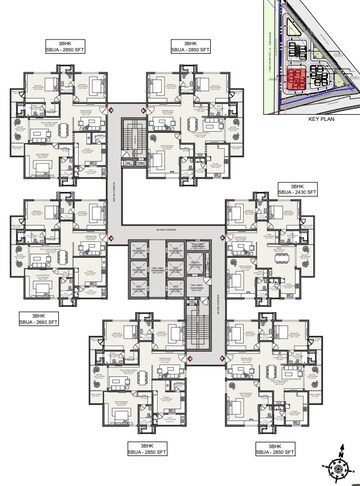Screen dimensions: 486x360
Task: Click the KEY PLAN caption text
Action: [x=314, y=118]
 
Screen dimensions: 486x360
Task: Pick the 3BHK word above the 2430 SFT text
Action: [x=296, y=187]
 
